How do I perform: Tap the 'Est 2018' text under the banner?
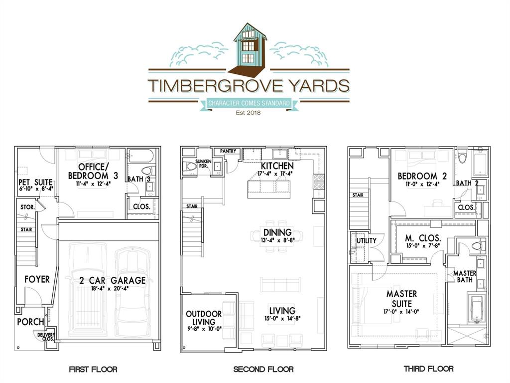pyautogui.click(x=249, y=113)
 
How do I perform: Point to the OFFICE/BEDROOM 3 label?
pyautogui.click(x=93, y=171)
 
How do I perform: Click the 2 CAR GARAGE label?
pyautogui.click(x=112, y=281)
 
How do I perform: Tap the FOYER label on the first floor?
pyautogui.click(x=37, y=279)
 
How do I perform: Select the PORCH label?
pyautogui.click(x=30, y=322)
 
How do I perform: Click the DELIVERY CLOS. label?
pyautogui.click(x=46, y=337)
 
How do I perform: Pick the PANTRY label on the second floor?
pyautogui.click(x=228, y=152)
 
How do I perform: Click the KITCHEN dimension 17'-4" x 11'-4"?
pyautogui.click(x=269, y=174)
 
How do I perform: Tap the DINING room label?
pyautogui.click(x=277, y=232)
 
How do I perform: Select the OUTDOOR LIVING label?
pyautogui.click(x=204, y=318)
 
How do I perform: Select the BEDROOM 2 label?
pyautogui.click(x=418, y=176)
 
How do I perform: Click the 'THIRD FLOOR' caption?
pyautogui.click(x=428, y=369)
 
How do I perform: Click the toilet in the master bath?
pyautogui.click(x=477, y=245)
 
